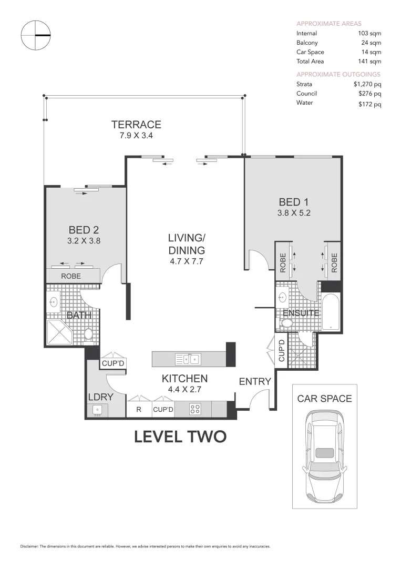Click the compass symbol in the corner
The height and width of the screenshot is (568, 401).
(35, 35)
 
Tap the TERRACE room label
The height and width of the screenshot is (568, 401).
(136, 125)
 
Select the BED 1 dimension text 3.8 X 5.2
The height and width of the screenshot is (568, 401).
(294, 213)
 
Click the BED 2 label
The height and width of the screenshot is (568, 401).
(84, 230)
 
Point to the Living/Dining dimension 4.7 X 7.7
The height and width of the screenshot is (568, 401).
(187, 261)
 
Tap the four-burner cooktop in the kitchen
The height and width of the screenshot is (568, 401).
(195, 409)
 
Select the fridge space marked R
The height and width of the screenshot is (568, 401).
(139, 410)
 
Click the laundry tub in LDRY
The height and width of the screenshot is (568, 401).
(97, 410)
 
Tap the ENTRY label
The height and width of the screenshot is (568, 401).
(255, 381)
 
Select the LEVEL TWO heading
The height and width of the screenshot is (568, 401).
(180, 437)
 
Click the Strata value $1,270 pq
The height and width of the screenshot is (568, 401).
(367, 84)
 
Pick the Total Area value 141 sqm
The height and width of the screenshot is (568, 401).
(369, 61)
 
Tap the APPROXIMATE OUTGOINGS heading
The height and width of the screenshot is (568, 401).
(338, 74)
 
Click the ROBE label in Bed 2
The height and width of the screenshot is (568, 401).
(71, 276)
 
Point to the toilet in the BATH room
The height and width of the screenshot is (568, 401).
(88, 334)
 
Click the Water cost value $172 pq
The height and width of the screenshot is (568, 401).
(370, 104)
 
